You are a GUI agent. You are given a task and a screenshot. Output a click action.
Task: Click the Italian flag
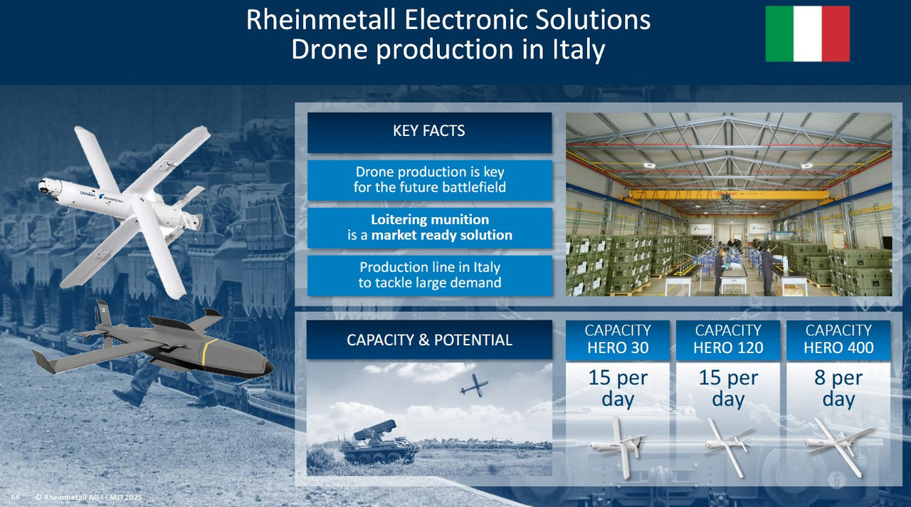click(807, 33)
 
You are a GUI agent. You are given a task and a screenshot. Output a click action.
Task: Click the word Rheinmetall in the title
click(321, 19)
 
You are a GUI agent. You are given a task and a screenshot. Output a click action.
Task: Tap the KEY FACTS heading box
click(429, 132)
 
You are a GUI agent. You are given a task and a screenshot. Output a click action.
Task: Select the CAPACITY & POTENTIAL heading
click(429, 340)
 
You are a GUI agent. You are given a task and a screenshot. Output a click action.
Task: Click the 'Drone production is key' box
click(429, 180)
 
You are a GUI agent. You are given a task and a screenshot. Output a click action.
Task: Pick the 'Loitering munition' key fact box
click(429, 227)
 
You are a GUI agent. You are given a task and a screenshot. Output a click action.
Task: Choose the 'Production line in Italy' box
click(429, 275)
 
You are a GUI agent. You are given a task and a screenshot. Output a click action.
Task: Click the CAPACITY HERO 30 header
click(617, 340)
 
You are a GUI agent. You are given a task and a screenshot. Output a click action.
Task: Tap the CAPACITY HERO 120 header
click(728, 340)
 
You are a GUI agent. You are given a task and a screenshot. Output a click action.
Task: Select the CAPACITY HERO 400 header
click(838, 340)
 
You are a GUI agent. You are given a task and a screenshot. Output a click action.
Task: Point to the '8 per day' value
click(838, 388)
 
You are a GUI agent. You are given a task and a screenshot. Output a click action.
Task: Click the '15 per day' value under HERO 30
click(617, 388)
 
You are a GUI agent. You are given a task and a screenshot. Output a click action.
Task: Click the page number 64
click(15, 497)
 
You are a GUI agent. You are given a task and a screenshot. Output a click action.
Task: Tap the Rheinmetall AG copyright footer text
click(89, 497)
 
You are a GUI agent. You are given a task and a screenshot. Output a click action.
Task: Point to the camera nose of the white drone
click(46, 187)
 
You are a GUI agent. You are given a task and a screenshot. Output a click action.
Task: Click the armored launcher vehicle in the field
click(378, 444)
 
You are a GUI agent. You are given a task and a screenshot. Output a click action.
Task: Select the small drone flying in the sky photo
click(474, 385)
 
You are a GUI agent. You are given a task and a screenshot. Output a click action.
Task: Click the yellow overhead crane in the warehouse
click(728, 195)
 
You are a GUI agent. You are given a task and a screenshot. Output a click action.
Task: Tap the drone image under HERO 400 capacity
click(839, 446)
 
